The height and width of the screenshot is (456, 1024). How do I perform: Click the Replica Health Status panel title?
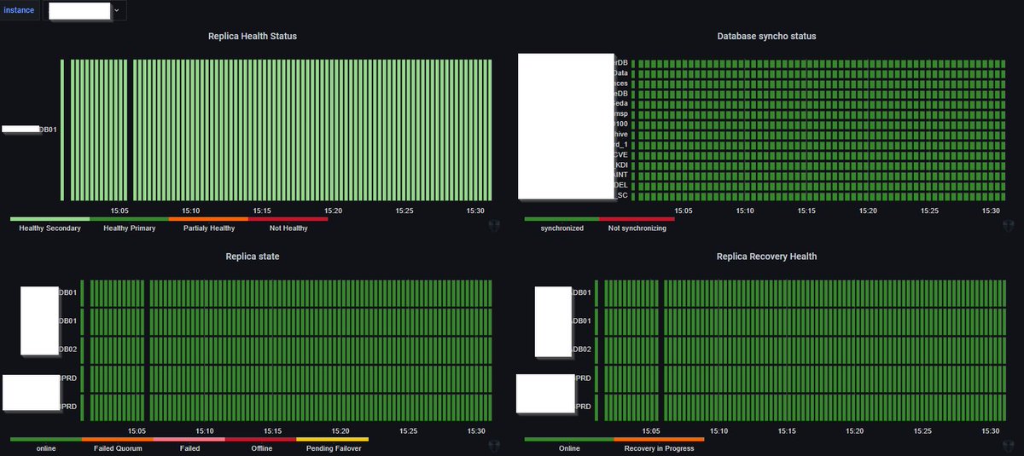[253, 37]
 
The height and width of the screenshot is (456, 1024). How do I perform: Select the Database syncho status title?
[766, 37]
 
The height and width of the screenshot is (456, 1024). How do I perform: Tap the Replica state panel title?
[253, 256]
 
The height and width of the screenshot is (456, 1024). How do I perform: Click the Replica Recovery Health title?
[766, 256]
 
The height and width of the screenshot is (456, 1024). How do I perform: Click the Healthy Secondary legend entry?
[49, 228]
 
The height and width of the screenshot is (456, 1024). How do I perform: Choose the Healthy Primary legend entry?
[129, 228]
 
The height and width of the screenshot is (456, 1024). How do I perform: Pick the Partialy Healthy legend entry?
[209, 228]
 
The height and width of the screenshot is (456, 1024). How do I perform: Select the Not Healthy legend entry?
[288, 228]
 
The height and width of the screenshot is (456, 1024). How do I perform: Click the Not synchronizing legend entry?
[637, 228]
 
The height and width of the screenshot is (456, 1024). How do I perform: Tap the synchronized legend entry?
[562, 228]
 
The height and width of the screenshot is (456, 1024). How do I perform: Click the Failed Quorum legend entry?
[118, 448]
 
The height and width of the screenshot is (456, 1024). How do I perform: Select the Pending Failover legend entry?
[334, 448]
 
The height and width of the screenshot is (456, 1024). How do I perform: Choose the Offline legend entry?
[262, 448]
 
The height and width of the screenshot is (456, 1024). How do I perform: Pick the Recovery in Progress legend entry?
[659, 448]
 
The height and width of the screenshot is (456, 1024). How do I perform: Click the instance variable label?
[19, 10]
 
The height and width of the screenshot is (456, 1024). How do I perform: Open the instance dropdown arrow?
[117, 10]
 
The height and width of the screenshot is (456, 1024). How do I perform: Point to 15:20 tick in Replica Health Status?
[333, 211]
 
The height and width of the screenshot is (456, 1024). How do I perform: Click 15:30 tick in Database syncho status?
[991, 211]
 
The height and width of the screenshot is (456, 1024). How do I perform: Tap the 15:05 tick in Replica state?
[137, 430]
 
